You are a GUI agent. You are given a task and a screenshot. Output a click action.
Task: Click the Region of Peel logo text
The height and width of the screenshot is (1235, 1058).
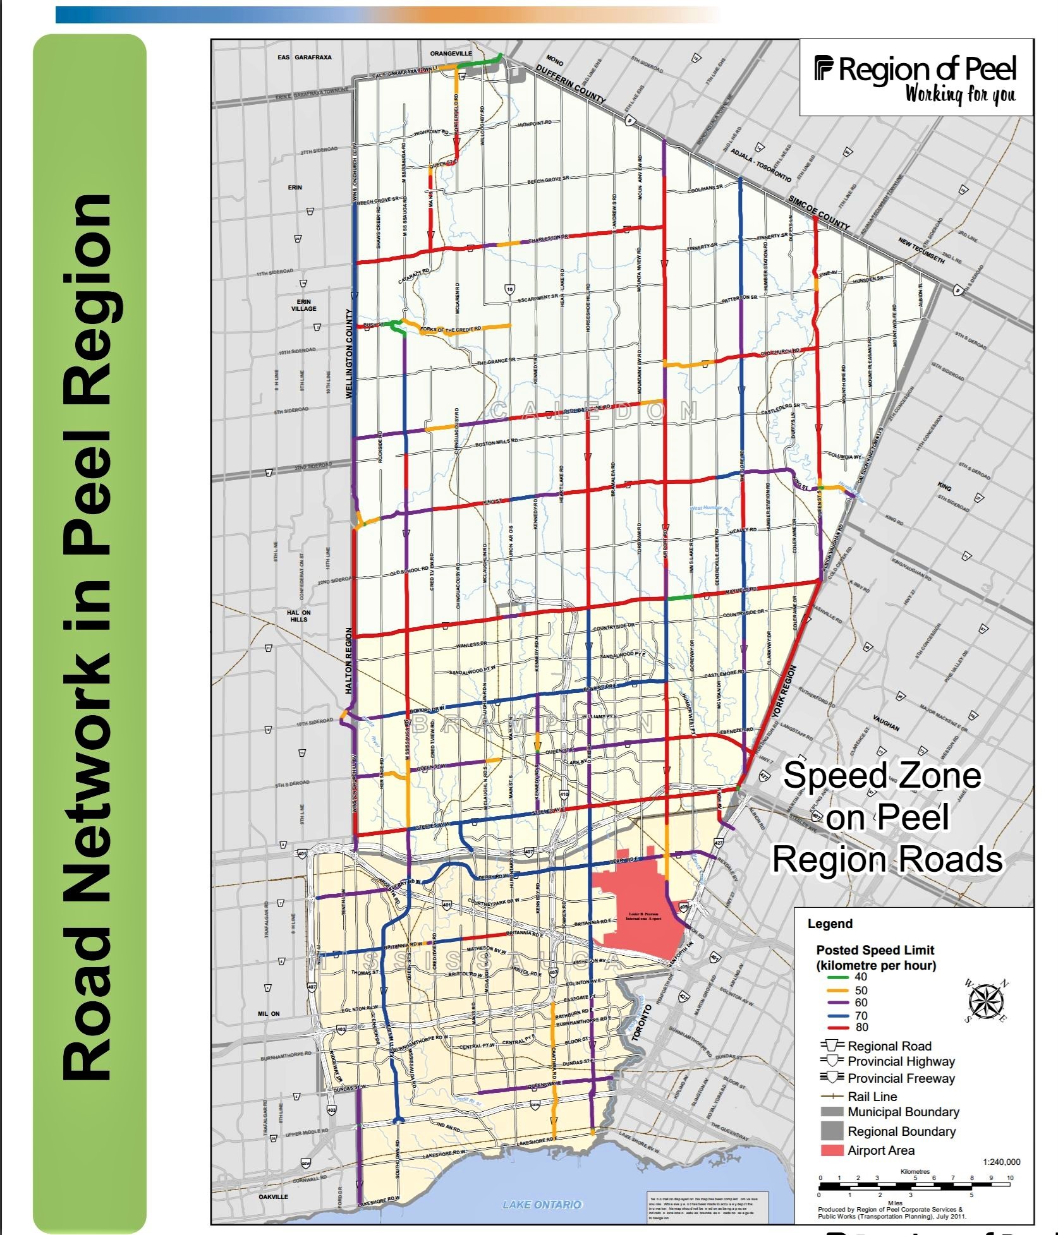[x=916, y=69]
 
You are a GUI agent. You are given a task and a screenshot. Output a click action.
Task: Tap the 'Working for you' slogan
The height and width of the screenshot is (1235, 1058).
[x=960, y=94]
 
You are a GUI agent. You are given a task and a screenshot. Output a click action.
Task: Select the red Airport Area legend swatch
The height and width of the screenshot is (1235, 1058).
[x=832, y=1150]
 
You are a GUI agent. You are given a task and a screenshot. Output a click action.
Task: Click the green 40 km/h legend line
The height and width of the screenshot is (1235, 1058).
[x=838, y=977]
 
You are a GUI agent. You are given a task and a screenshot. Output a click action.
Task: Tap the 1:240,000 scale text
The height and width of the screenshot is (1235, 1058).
[x=1001, y=1162]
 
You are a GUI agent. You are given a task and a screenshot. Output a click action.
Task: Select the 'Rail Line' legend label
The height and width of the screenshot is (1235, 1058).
[x=872, y=1097]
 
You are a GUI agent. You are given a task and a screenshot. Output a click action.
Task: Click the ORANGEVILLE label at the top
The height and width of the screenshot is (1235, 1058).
[x=451, y=54]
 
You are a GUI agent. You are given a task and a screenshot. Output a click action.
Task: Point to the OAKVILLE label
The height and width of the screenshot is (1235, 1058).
[x=273, y=1196]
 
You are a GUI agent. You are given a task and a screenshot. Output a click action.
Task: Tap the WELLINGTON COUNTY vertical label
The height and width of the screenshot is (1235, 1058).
[x=349, y=354]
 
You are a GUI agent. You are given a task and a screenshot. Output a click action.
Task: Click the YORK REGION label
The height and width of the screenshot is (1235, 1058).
[x=784, y=692]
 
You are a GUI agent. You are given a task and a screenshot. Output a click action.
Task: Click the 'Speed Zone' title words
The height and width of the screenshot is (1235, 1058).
[x=882, y=776]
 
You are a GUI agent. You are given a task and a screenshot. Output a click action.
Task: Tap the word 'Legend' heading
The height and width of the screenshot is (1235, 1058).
[x=830, y=924]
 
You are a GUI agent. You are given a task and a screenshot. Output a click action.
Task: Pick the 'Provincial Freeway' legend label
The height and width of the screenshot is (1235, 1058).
[x=901, y=1078]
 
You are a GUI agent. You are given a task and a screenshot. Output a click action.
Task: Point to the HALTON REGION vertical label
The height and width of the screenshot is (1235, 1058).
[x=349, y=661]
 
